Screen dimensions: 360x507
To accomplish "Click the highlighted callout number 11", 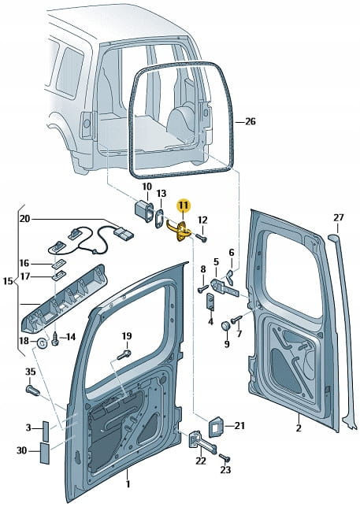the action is click(x=184, y=205).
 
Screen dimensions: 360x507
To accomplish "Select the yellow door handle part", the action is click(x=179, y=230).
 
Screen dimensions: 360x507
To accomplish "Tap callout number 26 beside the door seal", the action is click(x=250, y=121).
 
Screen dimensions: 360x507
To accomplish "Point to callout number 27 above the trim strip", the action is click(x=338, y=217).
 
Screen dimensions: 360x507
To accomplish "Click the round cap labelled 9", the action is click(x=225, y=325).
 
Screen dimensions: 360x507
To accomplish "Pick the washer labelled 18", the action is click(x=42, y=342).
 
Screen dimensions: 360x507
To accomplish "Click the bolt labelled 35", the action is click(x=32, y=390).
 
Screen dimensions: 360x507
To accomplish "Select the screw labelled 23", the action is click(x=225, y=457).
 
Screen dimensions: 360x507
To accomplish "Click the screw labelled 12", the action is click(x=202, y=238).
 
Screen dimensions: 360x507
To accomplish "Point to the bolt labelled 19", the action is click(x=124, y=354).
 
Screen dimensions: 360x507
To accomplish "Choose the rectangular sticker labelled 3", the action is click(x=46, y=431).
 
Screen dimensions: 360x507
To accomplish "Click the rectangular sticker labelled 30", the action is click(x=45, y=453).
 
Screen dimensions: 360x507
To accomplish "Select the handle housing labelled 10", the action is click(x=144, y=212).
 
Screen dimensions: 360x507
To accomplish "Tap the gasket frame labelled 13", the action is click(x=160, y=218).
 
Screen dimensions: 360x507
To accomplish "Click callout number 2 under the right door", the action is click(x=299, y=427).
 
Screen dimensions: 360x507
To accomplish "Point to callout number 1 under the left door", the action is click(x=128, y=483).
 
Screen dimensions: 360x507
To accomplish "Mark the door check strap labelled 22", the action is click(x=202, y=442).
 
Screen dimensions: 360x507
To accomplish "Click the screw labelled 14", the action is click(x=55, y=339).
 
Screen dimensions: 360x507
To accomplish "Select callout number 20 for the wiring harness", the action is click(x=24, y=219).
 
